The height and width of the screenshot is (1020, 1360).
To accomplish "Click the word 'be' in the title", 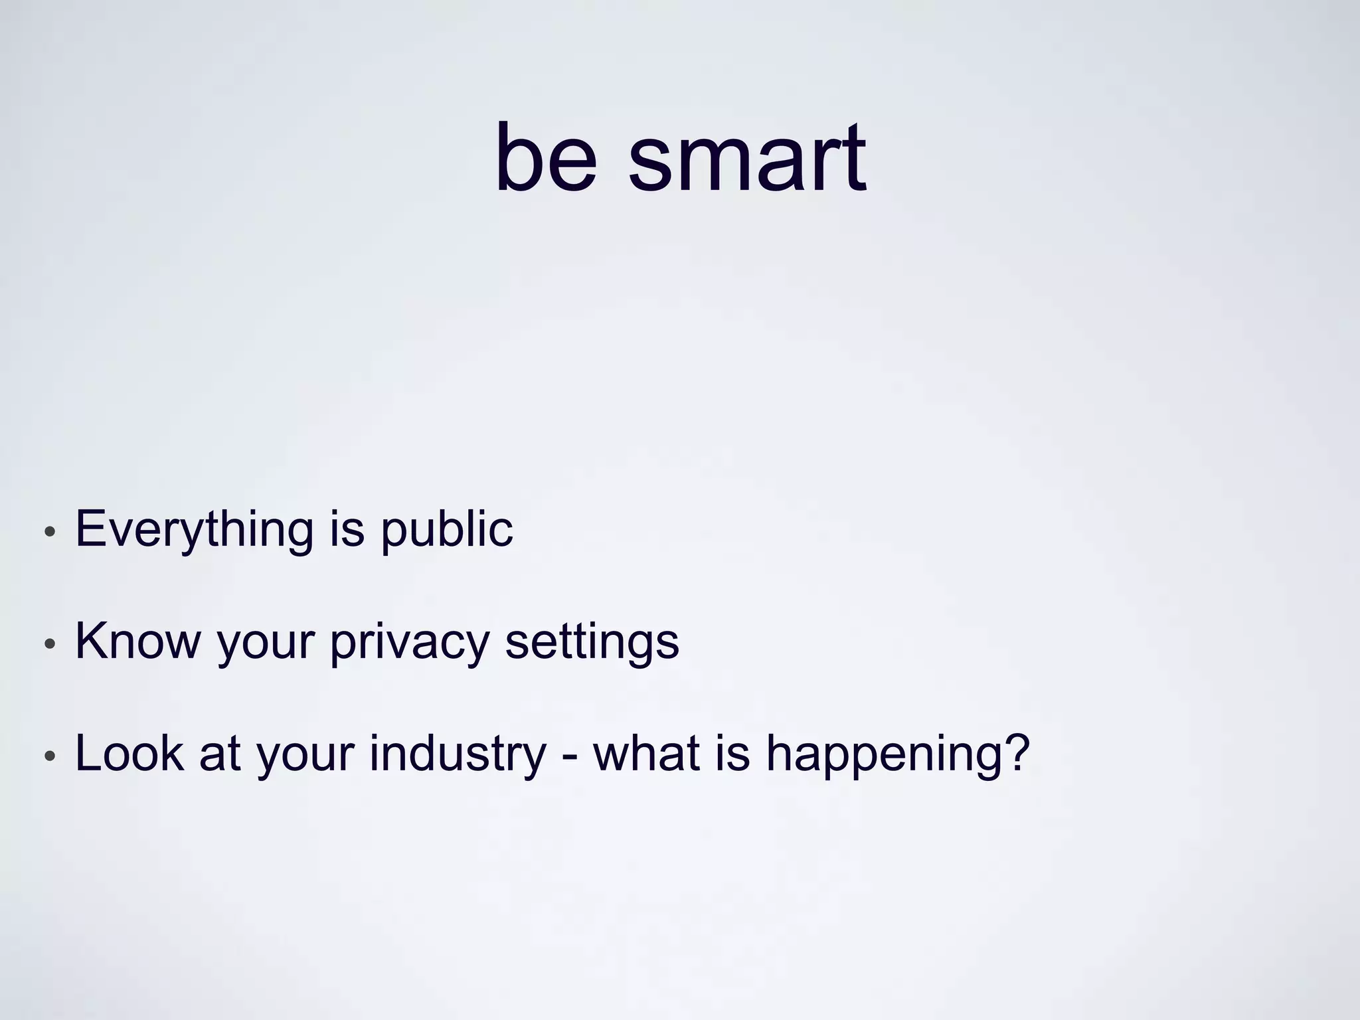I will (545, 159).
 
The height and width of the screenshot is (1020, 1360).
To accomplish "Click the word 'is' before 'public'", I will (347, 530).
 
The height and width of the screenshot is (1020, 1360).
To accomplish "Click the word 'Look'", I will (129, 754).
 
